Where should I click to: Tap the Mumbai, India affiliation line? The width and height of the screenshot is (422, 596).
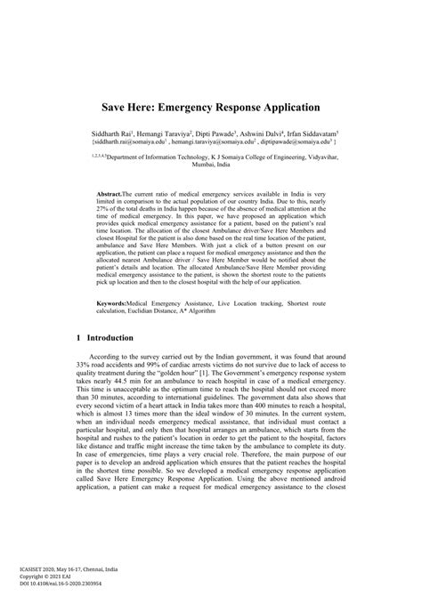(x=211, y=165)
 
